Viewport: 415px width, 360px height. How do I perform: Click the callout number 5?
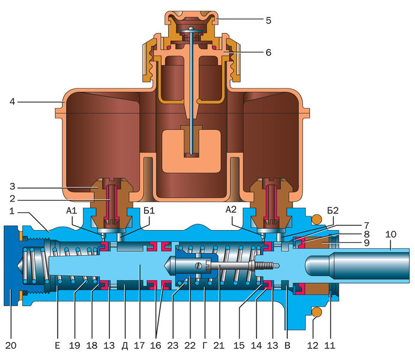268,20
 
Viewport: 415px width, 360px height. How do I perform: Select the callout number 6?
268,52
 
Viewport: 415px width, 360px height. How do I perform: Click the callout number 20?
11,346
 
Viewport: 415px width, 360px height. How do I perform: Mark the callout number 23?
172,346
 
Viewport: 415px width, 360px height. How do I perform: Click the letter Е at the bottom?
58,346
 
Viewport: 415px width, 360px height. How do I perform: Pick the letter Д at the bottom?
124,346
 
